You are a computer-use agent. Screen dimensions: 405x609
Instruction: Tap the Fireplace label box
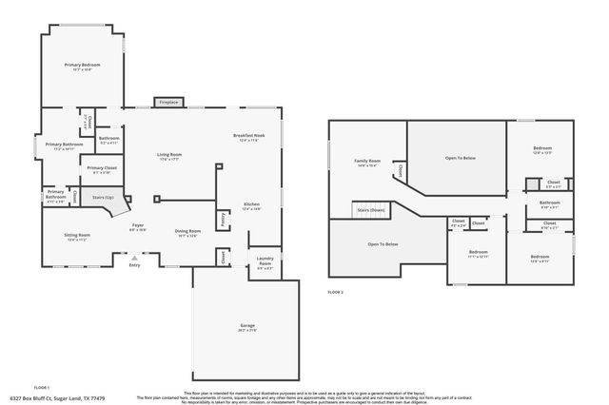tap(168, 102)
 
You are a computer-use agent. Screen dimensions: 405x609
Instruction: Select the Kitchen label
tap(251, 206)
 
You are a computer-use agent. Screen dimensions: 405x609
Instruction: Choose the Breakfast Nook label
tap(249, 137)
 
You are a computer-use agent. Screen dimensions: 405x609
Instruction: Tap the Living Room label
tap(169, 156)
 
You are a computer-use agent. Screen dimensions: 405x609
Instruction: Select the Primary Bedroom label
tap(83, 67)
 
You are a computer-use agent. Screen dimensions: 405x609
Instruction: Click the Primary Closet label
tap(102, 169)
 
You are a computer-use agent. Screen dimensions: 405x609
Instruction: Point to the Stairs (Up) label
tap(103, 198)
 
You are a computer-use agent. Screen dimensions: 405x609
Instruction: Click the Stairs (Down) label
tap(370, 209)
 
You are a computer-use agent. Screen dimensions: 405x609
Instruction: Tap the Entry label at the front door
tap(134, 264)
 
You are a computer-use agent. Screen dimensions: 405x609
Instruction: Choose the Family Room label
tap(367, 163)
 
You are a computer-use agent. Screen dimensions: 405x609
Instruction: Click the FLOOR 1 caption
tap(41, 387)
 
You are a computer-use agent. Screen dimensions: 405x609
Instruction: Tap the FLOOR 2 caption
tap(335, 292)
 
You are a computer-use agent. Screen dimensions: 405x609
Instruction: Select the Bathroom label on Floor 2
tap(550, 202)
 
